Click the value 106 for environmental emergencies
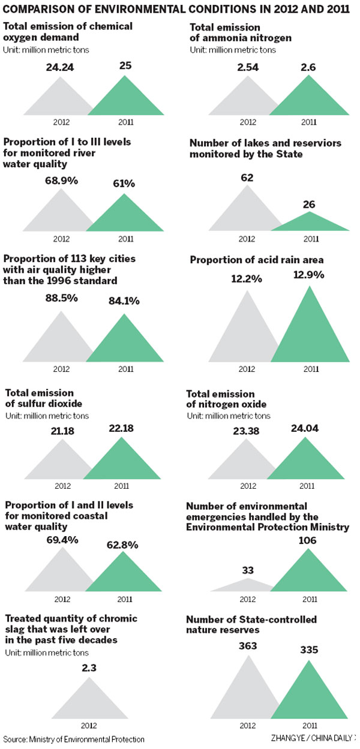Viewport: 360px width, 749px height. [308, 540]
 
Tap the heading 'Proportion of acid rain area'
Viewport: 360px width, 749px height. [257, 260]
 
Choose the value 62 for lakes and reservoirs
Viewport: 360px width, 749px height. [248, 178]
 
